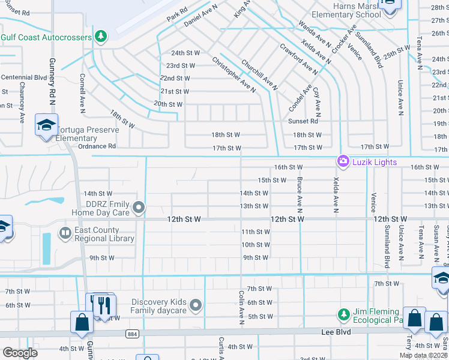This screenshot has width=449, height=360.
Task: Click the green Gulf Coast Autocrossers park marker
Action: [101, 37]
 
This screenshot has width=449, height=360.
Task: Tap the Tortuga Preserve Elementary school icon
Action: [46, 125]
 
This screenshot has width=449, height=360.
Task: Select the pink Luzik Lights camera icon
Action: [343, 161]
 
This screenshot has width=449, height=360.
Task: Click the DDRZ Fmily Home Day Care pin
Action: [139, 208]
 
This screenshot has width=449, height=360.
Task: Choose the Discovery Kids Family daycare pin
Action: [195, 306]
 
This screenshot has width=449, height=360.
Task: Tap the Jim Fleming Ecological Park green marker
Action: [343, 314]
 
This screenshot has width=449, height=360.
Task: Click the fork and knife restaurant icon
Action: [105, 305]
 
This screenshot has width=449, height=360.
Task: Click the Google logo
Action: [20, 352]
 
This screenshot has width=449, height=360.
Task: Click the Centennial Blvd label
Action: [24, 77]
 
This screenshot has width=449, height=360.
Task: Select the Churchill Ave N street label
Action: [259, 74]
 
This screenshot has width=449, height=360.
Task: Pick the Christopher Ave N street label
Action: [234, 75]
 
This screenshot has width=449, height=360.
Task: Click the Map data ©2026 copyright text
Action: [422, 355]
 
